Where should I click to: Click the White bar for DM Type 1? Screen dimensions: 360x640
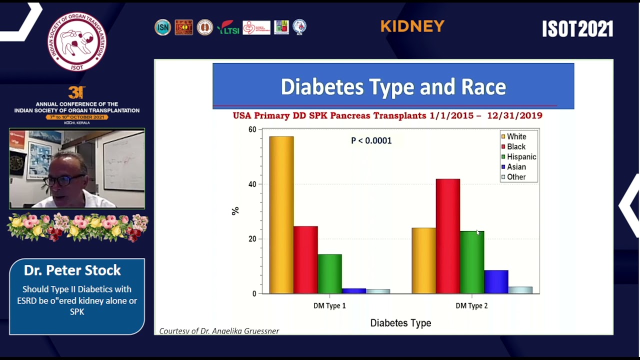click(281, 215)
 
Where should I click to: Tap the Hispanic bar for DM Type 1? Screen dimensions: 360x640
click(329, 274)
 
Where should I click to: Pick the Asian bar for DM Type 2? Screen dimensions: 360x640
click(496, 282)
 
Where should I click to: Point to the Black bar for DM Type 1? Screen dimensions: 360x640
click(305, 260)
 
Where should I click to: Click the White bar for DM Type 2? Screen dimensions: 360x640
click(424, 260)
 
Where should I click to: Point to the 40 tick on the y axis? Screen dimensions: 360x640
click(252, 184)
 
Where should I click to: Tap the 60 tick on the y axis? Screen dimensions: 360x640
click(252, 129)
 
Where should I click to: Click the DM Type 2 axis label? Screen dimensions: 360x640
click(471, 305)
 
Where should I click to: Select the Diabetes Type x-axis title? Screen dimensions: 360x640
click(400, 323)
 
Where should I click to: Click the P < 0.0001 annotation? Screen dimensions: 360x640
click(371, 140)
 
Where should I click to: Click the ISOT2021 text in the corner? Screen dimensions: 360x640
click(577, 29)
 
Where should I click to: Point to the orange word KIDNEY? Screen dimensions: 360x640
click(412, 26)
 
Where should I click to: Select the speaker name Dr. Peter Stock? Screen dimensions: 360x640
click(72, 270)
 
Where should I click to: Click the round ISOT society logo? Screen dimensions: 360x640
click(77, 41)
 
